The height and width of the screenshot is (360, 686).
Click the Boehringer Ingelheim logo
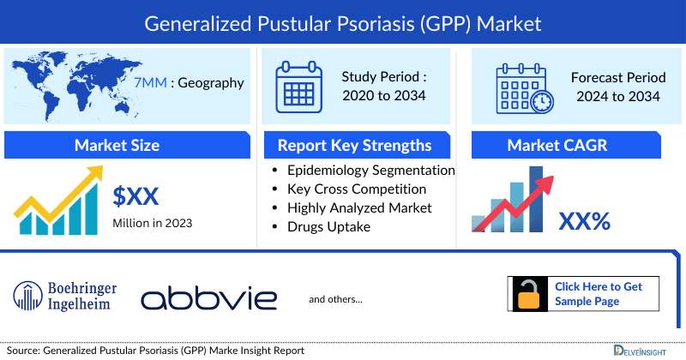[66, 296]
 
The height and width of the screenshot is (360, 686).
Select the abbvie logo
[209, 298]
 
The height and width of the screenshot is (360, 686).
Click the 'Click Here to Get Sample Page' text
[598, 294]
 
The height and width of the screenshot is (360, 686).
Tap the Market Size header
[117, 145]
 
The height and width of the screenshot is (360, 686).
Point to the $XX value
[136, 197]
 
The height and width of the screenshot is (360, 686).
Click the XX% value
[584, 222]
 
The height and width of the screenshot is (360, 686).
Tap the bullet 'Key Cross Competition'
[356, 189]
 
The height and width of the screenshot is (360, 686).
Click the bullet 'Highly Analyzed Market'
[359, 207]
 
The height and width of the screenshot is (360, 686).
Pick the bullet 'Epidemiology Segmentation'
[370, 170]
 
